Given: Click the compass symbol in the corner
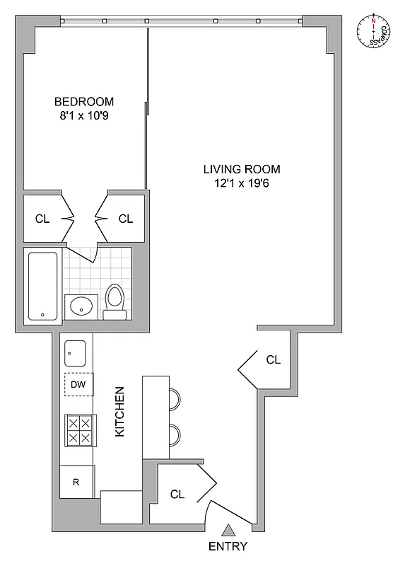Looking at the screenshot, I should tap(372, 33).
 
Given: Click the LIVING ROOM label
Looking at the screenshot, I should tap(242, 169).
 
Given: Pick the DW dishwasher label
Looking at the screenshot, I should tap(79, 385).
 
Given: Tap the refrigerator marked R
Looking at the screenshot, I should tap(76, 483).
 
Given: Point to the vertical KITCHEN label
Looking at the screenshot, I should tap(120, 411).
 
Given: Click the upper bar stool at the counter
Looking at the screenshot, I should tap(175, 398).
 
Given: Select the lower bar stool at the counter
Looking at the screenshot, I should tap(175, 434).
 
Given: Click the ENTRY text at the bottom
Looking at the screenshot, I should tap(228, 547).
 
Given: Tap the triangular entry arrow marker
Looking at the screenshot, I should tap(228, 529).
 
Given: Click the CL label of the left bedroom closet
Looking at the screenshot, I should tap(42, 219).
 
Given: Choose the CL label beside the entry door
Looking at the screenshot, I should tap(177, 495).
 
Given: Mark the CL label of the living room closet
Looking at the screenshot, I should tap(273, 359).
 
